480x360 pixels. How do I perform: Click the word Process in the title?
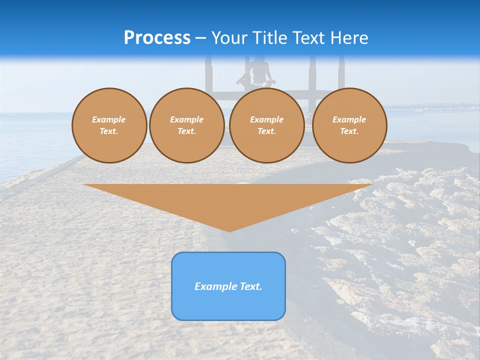[157, 38]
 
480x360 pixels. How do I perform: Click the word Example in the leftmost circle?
[109, 119]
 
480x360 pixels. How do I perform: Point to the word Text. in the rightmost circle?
[349, 131]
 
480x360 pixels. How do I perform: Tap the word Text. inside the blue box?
[250, 286]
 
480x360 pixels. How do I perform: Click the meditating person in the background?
[256, 75]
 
